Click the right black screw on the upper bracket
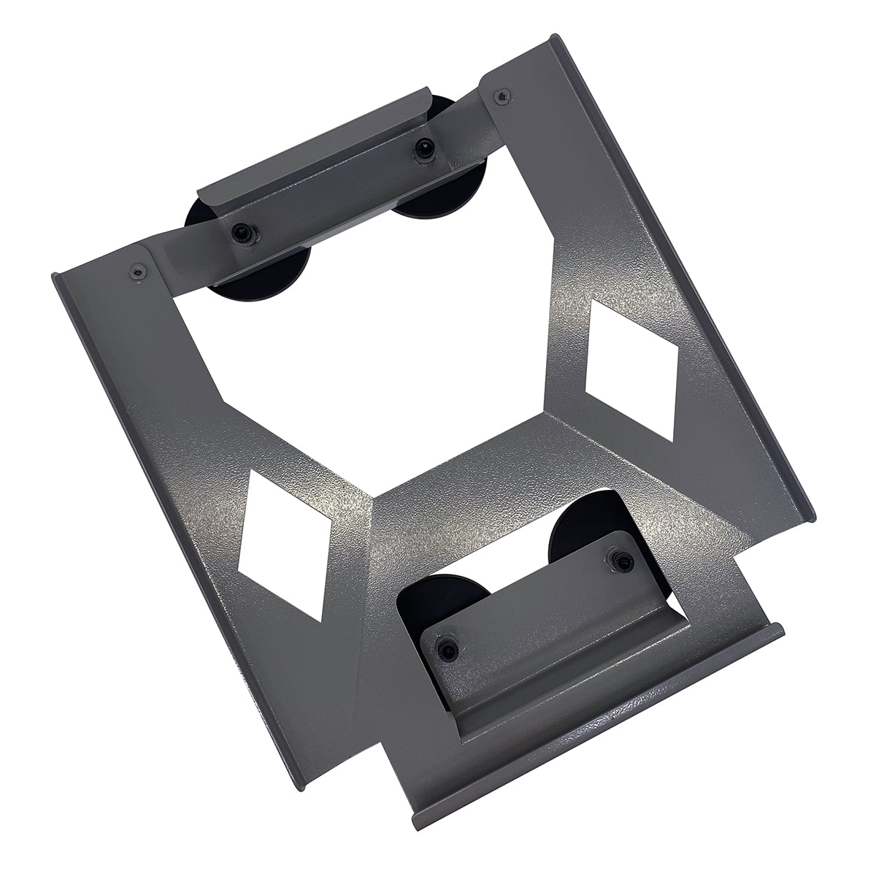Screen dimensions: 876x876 tap(422, 149)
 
